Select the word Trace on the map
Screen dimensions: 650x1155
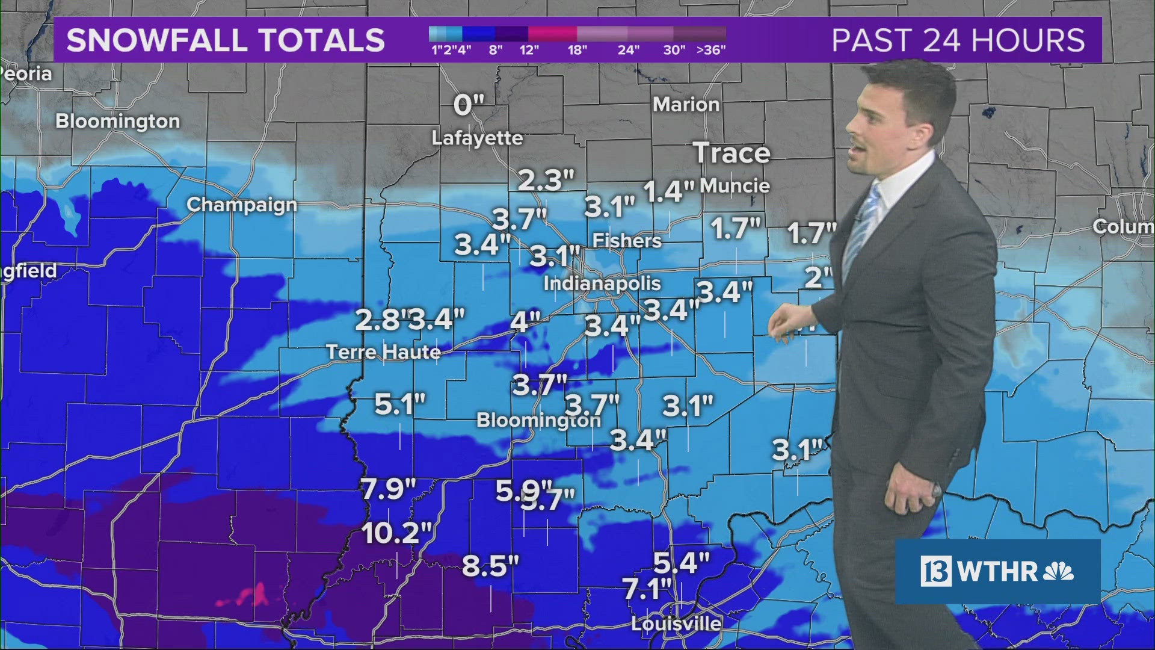click(x=731, y=153)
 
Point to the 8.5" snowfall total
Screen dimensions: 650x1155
click(x=490, y=566)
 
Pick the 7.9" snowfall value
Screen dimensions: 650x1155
click(x=389, y=489)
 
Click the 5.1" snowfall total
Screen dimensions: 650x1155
click(x=400, y=404)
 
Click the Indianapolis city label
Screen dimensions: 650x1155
click(x=602, y=283)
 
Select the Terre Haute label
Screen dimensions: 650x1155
click(x=384, y=351)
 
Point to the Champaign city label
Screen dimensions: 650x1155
click(x=242, y=205)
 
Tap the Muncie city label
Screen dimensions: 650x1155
click(x=735, y=185)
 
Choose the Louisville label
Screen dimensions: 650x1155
click(x=676, y=624)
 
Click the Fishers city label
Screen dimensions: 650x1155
click(x=627, y=241)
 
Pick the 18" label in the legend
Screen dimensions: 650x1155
click(x=577, y=50)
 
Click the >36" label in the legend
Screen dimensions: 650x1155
click(x=711, y=50)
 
